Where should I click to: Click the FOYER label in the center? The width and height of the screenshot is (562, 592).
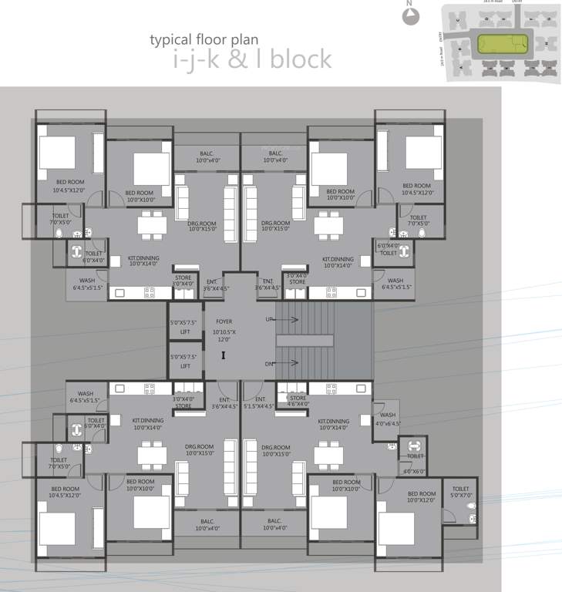coord(224,321)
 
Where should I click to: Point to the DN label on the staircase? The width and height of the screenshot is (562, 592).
coord(269,364)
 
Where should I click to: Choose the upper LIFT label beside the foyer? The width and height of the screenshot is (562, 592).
coord(184,331)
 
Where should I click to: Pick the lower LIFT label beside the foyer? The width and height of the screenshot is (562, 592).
coord(184,366)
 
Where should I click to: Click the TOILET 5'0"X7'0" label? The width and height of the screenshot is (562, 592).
coord(461,492)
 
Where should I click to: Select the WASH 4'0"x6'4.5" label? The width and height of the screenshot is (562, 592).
coord(387,419)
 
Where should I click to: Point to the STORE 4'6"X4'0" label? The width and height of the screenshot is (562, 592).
coord(298,401)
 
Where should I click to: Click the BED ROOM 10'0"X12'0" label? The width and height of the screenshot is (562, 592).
coord(422,497)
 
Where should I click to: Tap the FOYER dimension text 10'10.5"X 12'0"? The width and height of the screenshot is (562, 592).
coord(224,334)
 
